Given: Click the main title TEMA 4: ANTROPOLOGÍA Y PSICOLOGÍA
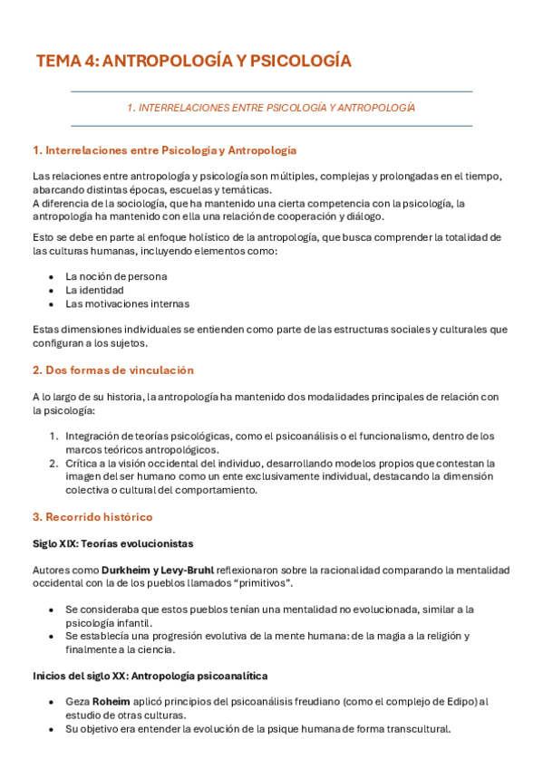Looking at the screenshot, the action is click(x=193, y=62).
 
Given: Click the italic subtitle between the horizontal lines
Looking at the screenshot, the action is click(x=271, y=108).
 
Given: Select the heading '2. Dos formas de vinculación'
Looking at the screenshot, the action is click(x=112, y=370).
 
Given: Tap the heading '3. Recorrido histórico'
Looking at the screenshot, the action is click(x=92, y=517).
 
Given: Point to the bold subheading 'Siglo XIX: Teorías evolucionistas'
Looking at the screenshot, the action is click(x=112, y=543).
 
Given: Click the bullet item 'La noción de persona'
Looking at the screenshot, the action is click(x=116, y=276).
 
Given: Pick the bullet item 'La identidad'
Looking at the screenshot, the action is click(x=94, y=290).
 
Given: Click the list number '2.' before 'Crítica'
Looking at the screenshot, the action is click(x=54, y=463).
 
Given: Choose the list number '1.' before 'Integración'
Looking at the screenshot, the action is click(x=54, y=436).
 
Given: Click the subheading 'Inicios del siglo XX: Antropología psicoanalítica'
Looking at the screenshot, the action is click(x=150, y=676).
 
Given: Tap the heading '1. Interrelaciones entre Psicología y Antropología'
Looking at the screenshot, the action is click(x=164, y=149).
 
